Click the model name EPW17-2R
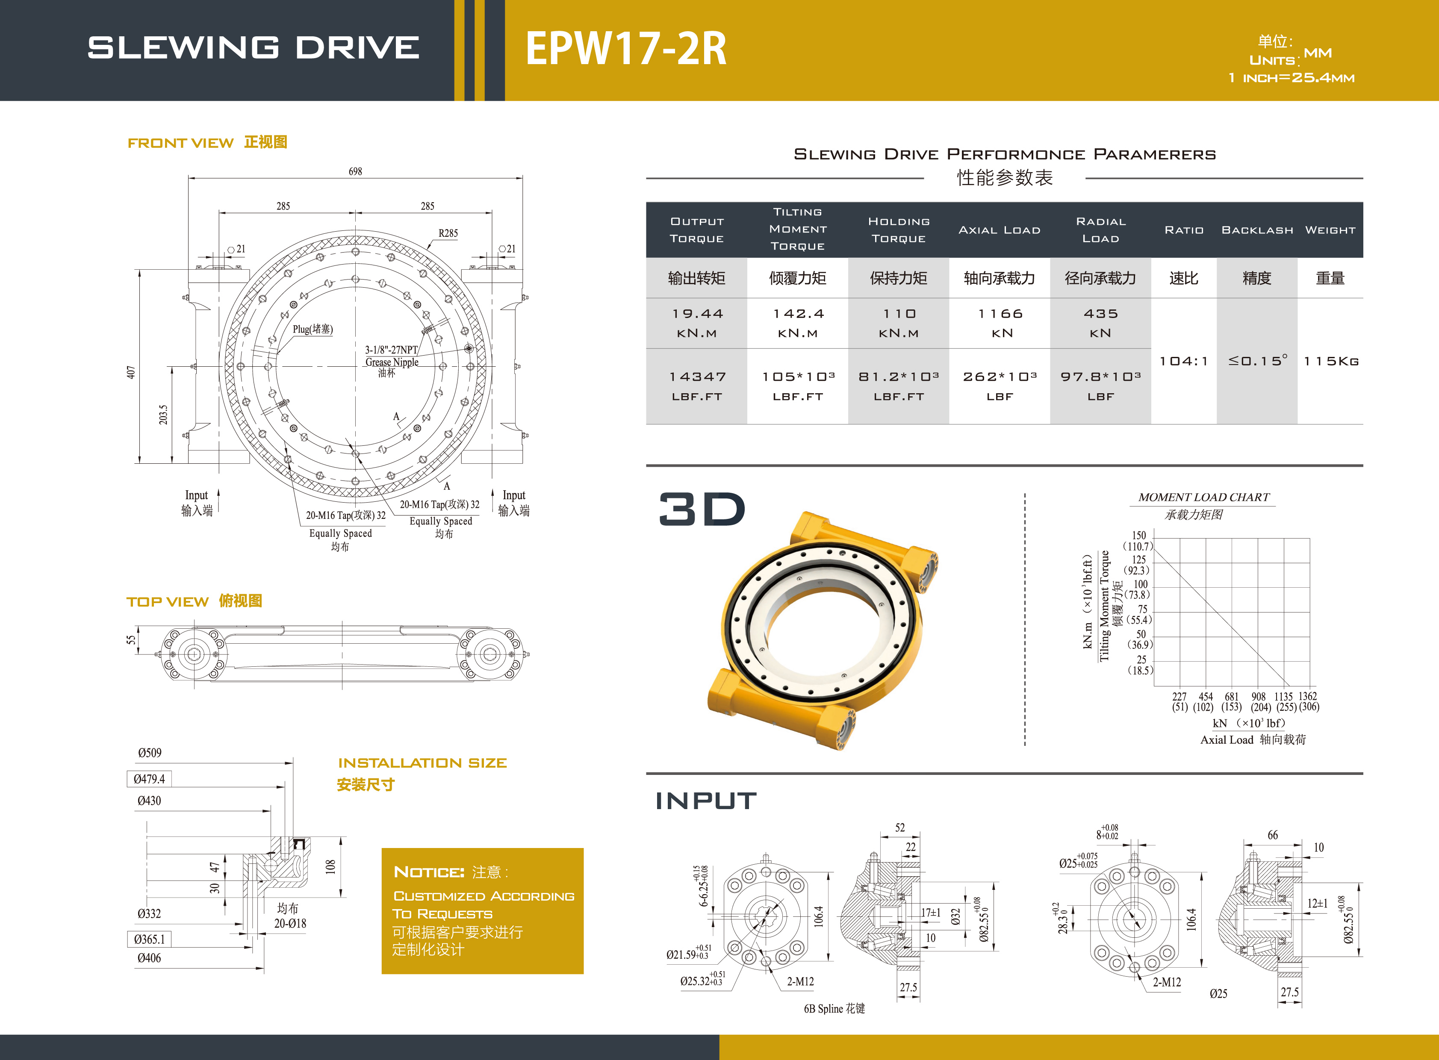click(x=626, y=49)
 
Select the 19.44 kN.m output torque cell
click(x=697, y=323)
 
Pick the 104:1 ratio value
click(x=1183, y=361)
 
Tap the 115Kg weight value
click(x=1330, y=361)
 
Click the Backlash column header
click(x=1257, y=230)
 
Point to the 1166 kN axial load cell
click(x=1000, y=323)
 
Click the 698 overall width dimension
click(x=355, y=171)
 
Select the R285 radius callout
click(x=448, y=233)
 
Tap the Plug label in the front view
click(x=313, y=329)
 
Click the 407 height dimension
click(x=131, y=372)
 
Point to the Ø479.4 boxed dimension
click(x=149, y=779)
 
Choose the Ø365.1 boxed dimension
click(x=149, y=939)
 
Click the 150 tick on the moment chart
click(x=1138, y=535)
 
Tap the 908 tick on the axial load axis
click(x=1259, y=696)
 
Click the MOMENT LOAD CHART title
click(x=1203, y=497)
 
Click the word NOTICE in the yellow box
click(x=429, y=872)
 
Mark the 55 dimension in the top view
click(x=131, y=640)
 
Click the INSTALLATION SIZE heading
click(x=422, y=763)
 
